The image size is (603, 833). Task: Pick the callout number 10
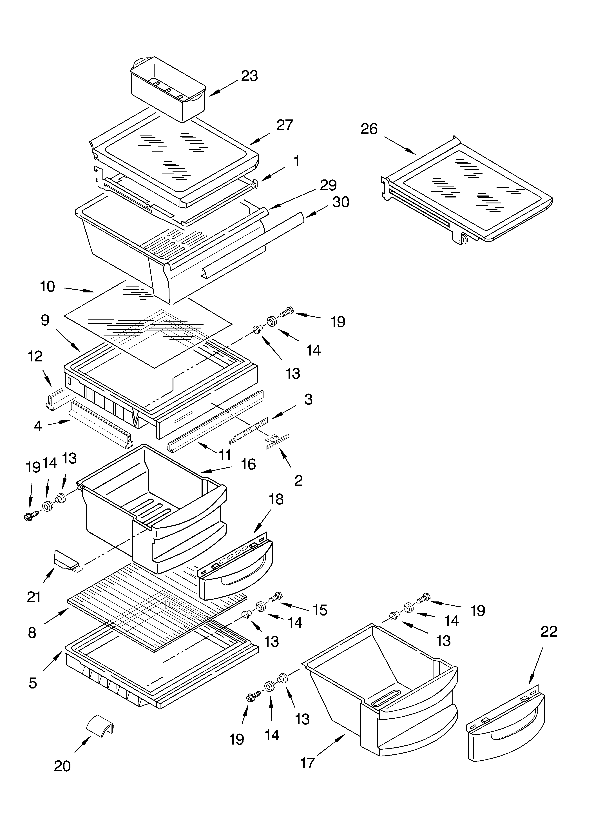coord(47,286)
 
